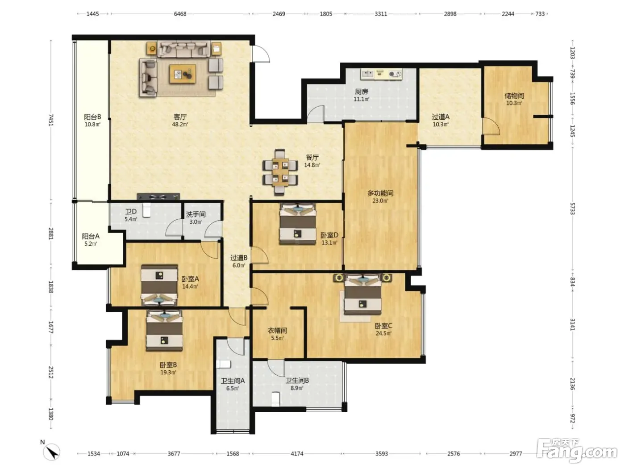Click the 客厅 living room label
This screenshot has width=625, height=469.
tap(180, 117)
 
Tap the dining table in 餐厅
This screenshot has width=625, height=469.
tap(280, 172)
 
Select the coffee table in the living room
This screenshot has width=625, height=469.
tap(183, 74)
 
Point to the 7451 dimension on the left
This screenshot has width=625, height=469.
tap(51, 120)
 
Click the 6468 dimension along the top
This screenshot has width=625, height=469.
tap(180, 14)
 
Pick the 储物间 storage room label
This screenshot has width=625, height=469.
tap(514, 96)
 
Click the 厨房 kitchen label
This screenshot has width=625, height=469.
tap(361, 92)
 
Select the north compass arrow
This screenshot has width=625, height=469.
tap(52, 452)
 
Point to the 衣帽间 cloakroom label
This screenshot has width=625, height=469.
tap(277, 331)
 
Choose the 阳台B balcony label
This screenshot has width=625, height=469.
tap(92, 117)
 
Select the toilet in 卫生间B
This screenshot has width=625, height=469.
tap(275, 399)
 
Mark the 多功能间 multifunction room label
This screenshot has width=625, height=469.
tap(380, 193)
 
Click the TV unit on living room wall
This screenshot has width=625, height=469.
tap(158, 197)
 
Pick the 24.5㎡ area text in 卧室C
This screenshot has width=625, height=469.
tap(383, 334)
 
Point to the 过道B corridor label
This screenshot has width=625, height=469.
tap(238, 258)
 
